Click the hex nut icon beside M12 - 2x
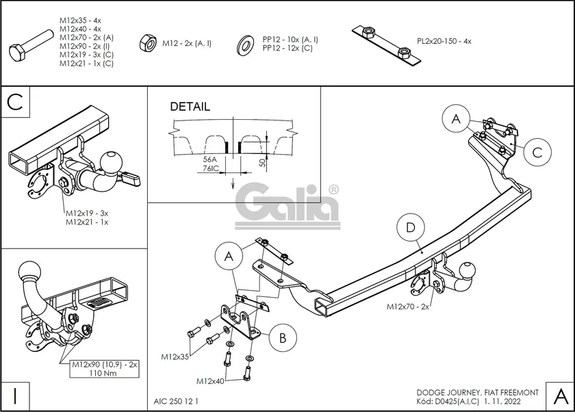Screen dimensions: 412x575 click(x=146, y=42)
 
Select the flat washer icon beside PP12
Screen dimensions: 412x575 click(x=243, y=44)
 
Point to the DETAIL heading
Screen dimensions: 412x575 click(x=190, y=107)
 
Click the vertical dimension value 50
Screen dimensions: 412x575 click(x=261, y=162)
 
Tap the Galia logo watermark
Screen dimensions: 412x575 click(x=287, y=204)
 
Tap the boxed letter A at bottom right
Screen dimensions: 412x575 click(x=559, y=395)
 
